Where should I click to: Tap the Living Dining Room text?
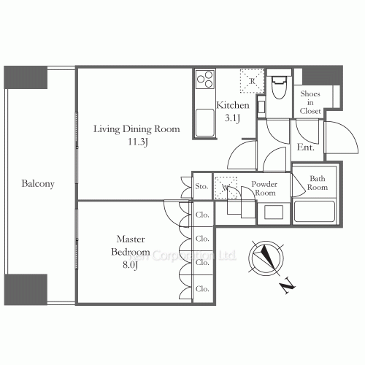136,129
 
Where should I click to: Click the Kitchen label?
233,106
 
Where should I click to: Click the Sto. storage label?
202,187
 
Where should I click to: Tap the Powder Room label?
263,188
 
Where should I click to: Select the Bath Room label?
318,183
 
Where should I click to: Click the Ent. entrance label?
306,147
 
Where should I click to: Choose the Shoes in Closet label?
311,102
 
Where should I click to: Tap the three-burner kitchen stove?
204,79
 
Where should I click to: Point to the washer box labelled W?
225,187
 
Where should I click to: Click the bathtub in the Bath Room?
313,212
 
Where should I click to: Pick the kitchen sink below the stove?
204,121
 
